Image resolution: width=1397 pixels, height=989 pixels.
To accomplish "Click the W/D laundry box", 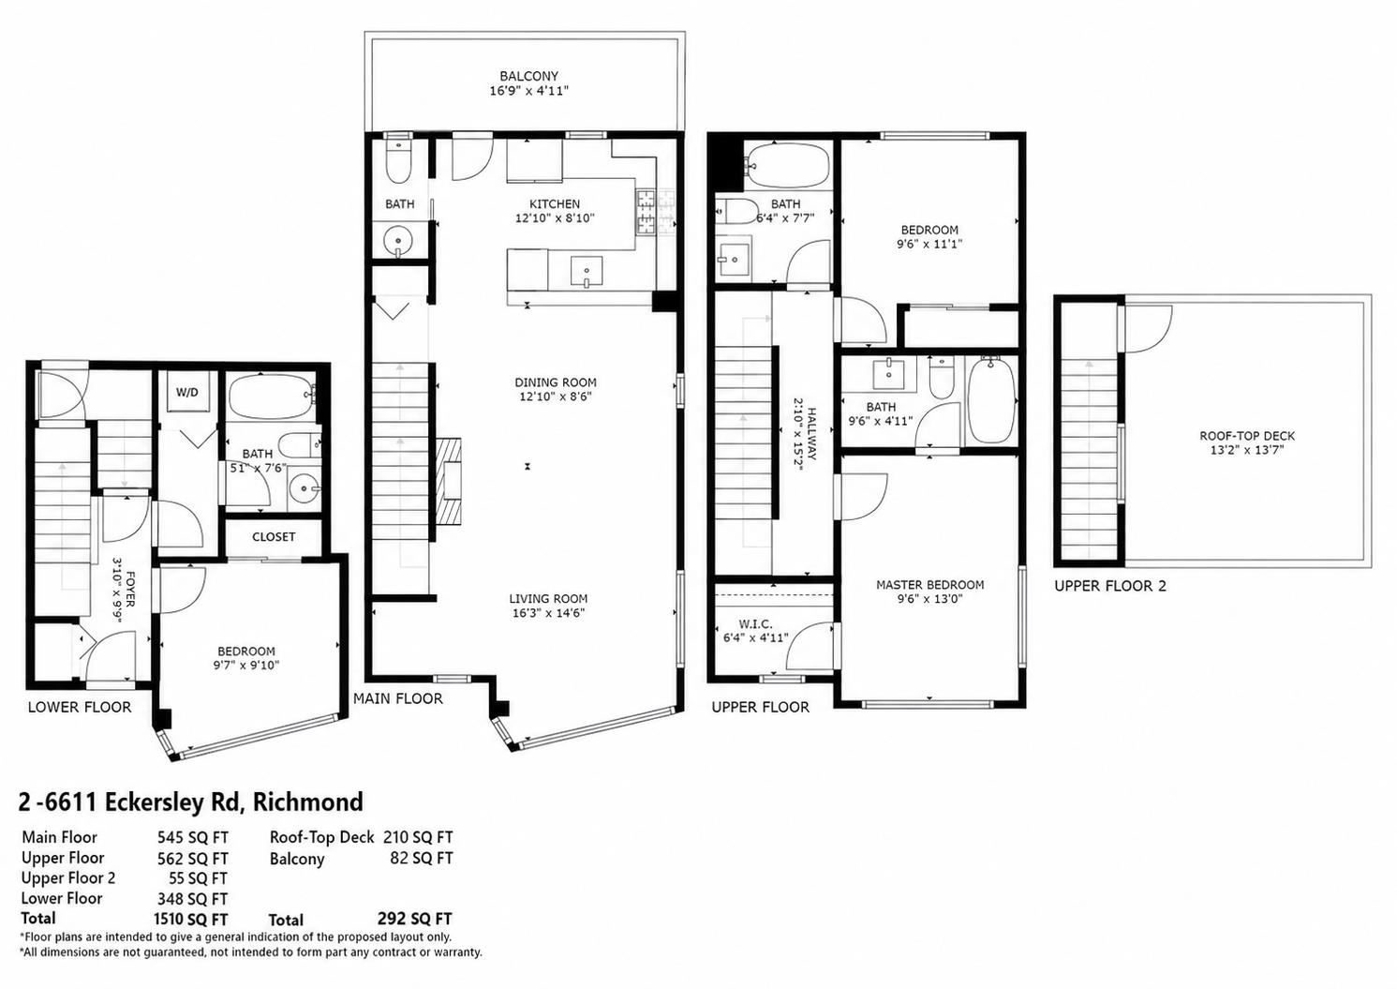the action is pos(187,393).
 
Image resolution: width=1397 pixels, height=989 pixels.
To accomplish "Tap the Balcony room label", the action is pos(528,76).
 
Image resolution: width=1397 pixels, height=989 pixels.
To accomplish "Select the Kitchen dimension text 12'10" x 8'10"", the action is pos(555,218).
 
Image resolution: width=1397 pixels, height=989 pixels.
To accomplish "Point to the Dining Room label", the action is pos(555,382).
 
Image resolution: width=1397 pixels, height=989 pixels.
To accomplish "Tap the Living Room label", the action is pos(548,598).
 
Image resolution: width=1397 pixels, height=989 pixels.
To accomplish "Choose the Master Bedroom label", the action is pos(929,585).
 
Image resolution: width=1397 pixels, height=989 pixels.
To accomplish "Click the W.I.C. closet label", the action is pos(755,624).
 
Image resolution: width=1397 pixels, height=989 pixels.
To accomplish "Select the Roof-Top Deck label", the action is pos(1247,436).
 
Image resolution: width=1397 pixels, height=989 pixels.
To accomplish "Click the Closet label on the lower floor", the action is pos(274,536).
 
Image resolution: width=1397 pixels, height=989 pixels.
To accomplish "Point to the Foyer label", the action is pos(130,589).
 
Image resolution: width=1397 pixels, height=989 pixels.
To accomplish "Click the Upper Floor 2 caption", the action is pos(1110,586).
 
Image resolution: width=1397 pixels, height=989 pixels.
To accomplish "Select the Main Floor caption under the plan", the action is pos(398,698).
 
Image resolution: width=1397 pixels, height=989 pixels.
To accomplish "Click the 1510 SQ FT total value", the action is pos(191,919).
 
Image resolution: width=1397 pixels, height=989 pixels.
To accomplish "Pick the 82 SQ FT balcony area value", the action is pos(422,858).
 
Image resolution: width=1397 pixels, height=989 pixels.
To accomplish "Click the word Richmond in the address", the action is pos(308,802).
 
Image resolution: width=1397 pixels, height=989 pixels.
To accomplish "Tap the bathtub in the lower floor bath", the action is pos(273,395).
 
